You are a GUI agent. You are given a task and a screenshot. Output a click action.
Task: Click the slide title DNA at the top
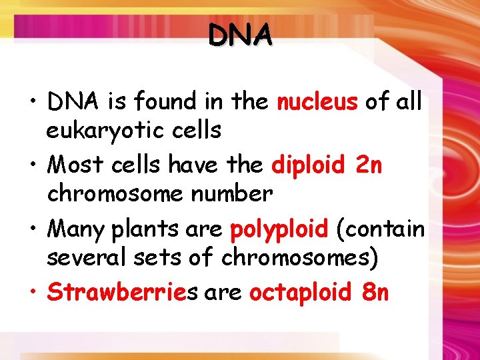click(x=240, y=35)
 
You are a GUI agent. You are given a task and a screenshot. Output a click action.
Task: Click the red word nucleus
click(x=317, y=102)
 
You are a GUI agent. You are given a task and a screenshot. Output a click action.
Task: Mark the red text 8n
click(x=374, y=291)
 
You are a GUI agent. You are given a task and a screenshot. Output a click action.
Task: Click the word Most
click(x=71, y=163)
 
